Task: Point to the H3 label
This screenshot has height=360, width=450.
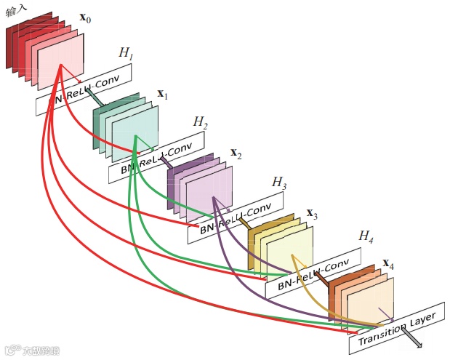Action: [x=279, y=182]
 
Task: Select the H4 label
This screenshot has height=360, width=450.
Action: [x=366, y=237]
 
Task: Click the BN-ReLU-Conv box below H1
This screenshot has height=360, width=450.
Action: [x=84, y=89]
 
